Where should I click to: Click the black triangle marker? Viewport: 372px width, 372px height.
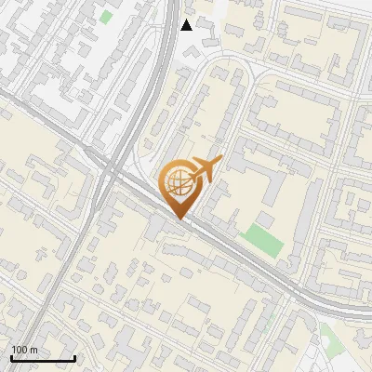186,25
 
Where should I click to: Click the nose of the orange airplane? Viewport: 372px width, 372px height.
221,160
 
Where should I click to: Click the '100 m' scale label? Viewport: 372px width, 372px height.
24,350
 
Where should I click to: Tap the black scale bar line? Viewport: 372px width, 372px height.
43,358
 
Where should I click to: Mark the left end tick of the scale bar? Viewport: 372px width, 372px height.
11,357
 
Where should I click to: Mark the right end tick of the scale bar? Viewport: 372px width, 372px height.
74,357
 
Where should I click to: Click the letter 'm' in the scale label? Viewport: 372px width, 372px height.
33,350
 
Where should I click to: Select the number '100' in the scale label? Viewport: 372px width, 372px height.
19,350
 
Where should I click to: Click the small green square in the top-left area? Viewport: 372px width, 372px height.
106,17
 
